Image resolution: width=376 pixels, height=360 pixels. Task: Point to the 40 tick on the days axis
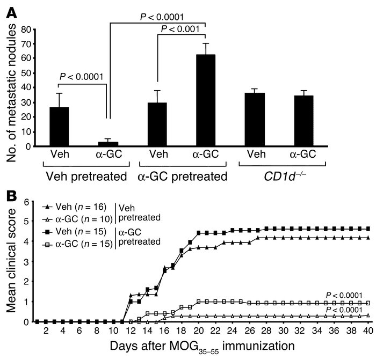pyautogui.click(x=368, y=332)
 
